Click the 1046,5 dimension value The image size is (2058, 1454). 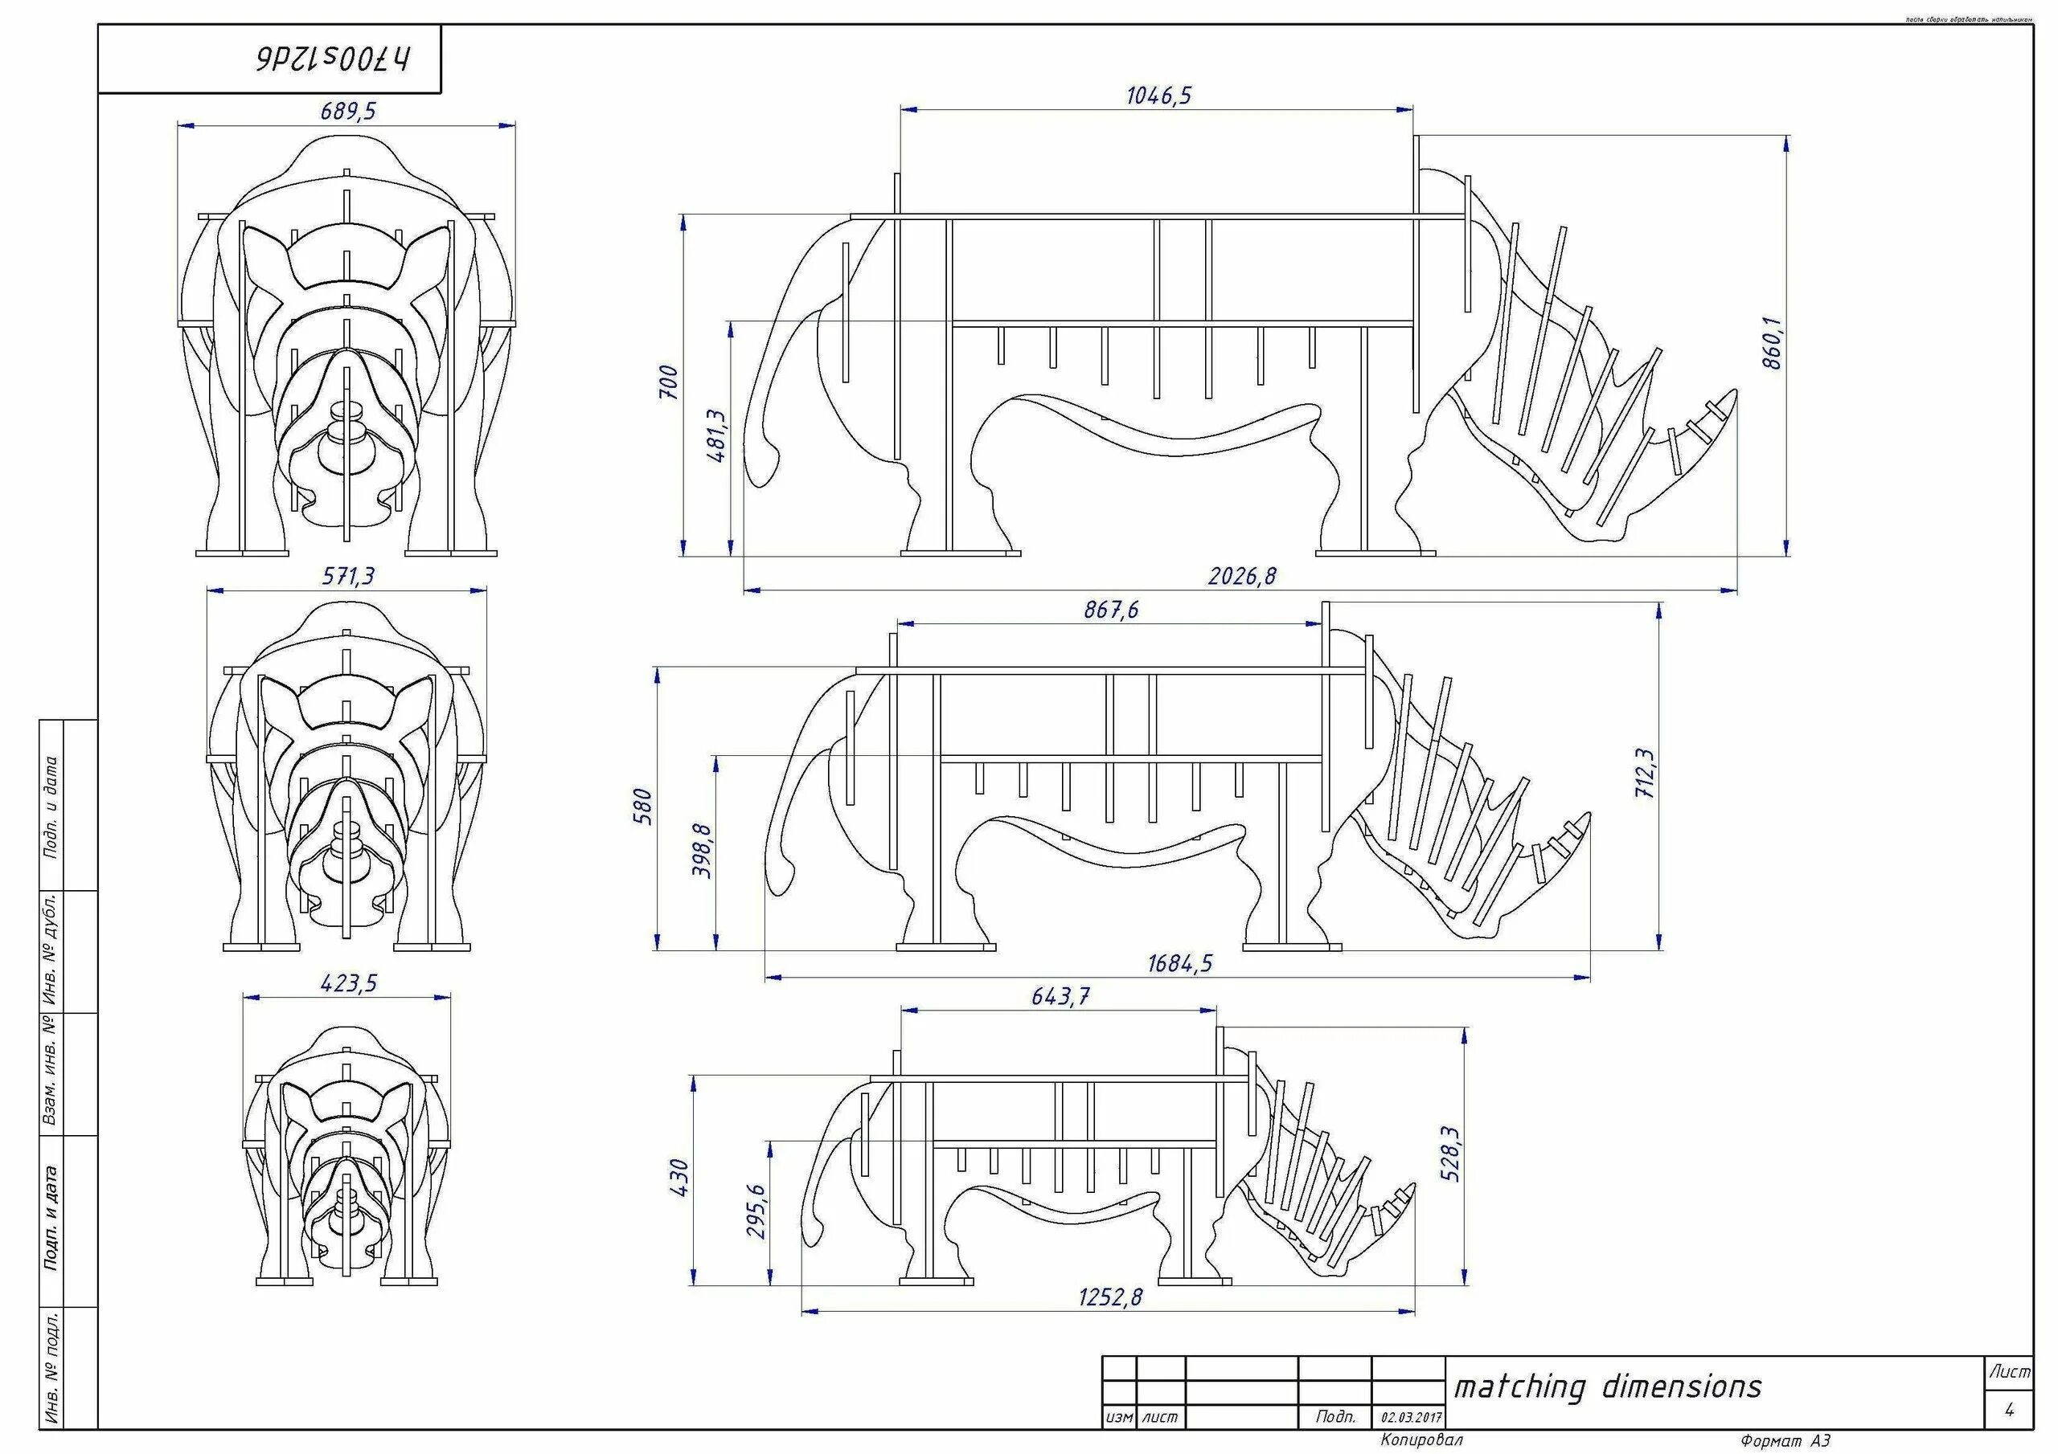[x=1159, y=96]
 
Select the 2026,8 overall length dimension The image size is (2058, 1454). [x=1241, y=576]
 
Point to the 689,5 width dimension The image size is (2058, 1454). [x=349, y=111]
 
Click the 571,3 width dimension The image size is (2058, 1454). [x=349, y=576]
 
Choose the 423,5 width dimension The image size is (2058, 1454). [x=349, y=984]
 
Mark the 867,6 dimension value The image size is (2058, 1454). [x=1110, y=610]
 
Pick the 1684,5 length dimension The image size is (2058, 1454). [x=1179, y=963]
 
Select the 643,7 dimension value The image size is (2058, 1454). [x=1060, y=996]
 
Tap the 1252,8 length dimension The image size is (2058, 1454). [x=1110, y=1297]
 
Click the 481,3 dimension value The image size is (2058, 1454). [x=717, y=436]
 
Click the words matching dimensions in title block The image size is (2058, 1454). [x=1607, y=1387]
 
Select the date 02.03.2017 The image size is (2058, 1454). [x=1411, y=1418]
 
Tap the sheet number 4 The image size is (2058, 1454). [x=2009, y=1410]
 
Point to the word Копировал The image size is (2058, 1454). [x=1421, y=1440]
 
